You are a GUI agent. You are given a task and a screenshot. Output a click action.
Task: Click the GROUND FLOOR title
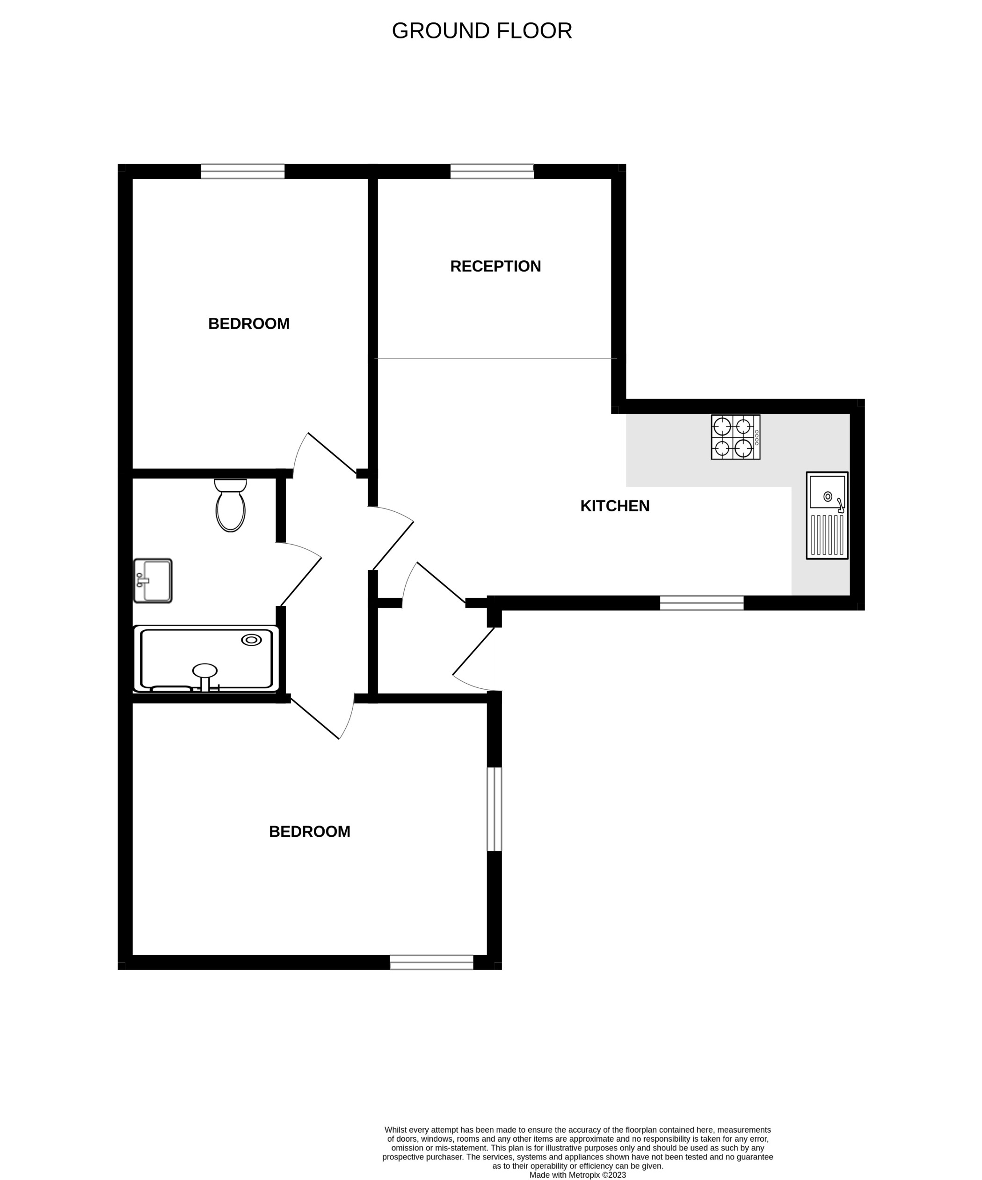point(482,31)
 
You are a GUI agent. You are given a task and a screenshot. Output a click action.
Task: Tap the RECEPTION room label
point(495,266)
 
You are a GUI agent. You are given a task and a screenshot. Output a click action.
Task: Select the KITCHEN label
point(614,506)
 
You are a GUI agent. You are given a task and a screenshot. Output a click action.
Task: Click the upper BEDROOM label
point(249,324)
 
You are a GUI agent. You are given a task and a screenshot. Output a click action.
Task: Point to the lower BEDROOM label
point(309,832)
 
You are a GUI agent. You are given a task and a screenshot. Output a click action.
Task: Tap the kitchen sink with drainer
point(827,515)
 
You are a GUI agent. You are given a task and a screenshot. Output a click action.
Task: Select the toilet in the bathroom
point(230,505)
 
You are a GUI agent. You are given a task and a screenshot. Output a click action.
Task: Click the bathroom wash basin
point(152,581)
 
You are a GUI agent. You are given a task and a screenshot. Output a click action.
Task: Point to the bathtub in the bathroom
point(206,658)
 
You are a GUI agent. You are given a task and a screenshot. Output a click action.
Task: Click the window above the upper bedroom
point(242,171)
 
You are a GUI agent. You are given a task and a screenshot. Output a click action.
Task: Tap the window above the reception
point(492,171)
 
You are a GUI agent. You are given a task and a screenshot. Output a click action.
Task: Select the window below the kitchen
point(701,603)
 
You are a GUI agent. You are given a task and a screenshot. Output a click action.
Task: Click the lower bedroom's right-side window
point(494,809)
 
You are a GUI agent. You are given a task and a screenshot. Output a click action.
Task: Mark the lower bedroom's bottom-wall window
point(431,963)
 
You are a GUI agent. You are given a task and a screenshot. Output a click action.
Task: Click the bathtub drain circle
point(251,640)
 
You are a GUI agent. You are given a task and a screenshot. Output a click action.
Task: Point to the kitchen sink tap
point(840,505)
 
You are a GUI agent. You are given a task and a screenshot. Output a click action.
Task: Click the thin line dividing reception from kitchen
point(495,359)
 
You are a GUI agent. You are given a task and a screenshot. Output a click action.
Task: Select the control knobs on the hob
point(757,438)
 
